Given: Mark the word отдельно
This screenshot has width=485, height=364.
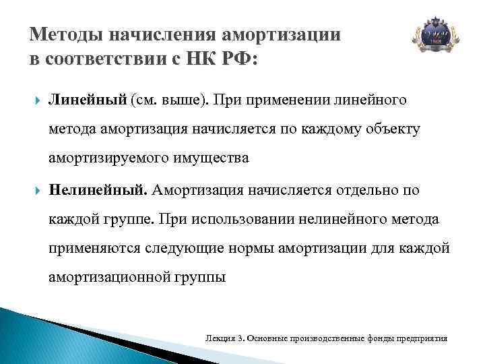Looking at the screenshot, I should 364,191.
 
